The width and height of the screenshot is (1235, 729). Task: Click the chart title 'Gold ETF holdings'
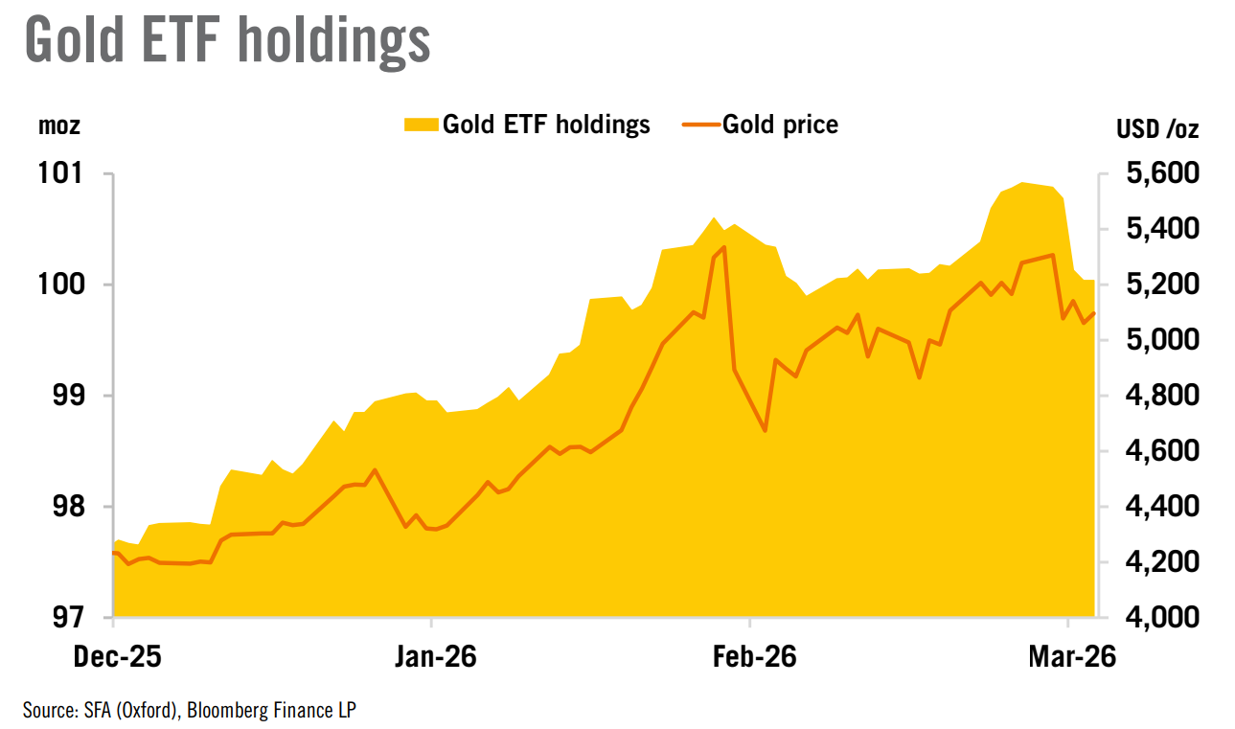pyautogui.click(x=226, y=41)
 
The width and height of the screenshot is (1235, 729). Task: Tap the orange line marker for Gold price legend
pyautogui.click(x=699, y=125)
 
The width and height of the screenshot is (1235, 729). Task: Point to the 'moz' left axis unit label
pyautogui.click(x=59, y=125)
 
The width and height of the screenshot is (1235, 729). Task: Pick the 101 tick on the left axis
pyautogui.click(x=67, y=174)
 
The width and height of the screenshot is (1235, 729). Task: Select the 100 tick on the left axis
pyautogui.click(x=67, y=285)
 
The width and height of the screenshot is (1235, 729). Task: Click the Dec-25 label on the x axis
pyautogui.click(x=114, y=659)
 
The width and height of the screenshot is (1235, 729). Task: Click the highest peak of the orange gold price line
pyautogui.click(x=723, y=246)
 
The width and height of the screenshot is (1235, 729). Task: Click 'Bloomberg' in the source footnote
pyautogui.click(x=230, y=710)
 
